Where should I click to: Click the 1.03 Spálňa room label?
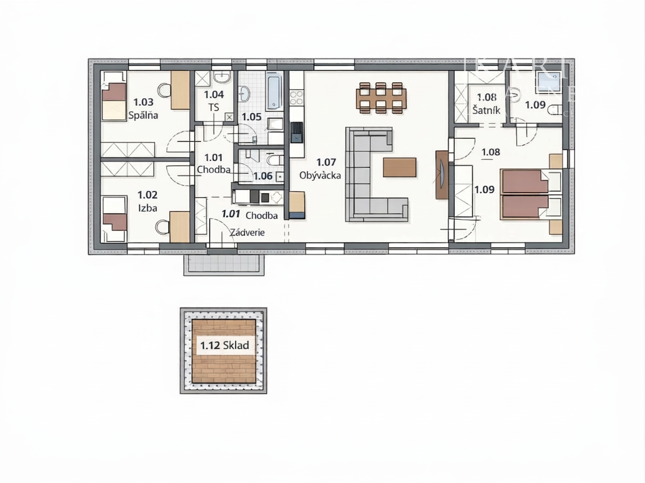pyautogui.click(x=143, y=108)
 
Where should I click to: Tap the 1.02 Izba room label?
pyautogui.click(x=147, y=201)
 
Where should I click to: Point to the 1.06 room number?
pyautogui.click(x=263, y=176)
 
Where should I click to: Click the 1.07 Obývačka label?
pyautogui.click(x=321, y=169)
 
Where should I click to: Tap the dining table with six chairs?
pyautogui.click(x=381, y=98)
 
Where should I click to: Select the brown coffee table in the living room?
pyautogui.click(x=400, y=167)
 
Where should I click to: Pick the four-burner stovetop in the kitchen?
pyautogui.click(x=296, y=98)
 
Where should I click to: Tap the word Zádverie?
pyautogui.click(x=247, y=233)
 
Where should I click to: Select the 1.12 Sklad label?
pyautogui.click(x=224, y=345)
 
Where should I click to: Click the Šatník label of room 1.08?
pyautogui.click(x=486, y=111)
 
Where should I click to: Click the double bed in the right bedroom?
pyautogui.click(x=525, y=194)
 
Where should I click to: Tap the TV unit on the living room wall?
pyautogui.click(x=441, y=175)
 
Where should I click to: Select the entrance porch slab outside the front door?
pyautogui.click(x=224, y=265)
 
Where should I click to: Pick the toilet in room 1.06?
pyautogui.click(x=275, y=160)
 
